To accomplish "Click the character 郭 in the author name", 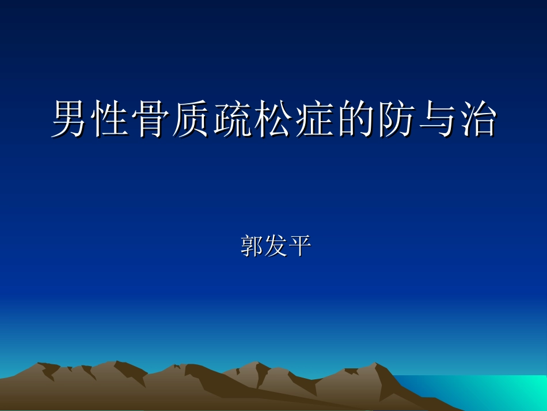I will tap(251, 246).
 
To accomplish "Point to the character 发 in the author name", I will tap(275, 246).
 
